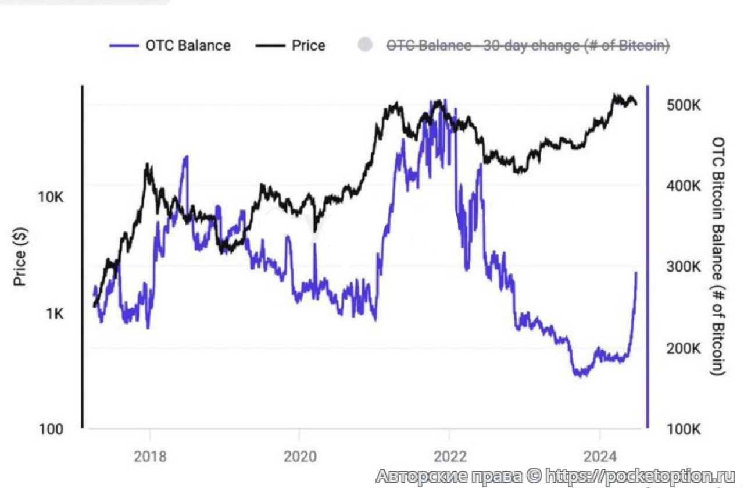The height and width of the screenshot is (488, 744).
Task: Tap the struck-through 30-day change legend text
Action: (528, 45)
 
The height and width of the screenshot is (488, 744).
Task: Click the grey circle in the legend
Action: (365, 45)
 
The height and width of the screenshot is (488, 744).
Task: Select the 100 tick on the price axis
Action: (51, 429)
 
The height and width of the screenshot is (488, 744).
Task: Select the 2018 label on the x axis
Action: (150, 456)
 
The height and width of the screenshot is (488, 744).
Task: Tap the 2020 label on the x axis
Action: (299, 456)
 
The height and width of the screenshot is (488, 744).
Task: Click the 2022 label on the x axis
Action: (449, 456)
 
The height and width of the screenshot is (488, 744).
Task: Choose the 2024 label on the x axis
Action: (599, 456)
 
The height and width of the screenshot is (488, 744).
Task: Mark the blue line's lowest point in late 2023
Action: (579, 375)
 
